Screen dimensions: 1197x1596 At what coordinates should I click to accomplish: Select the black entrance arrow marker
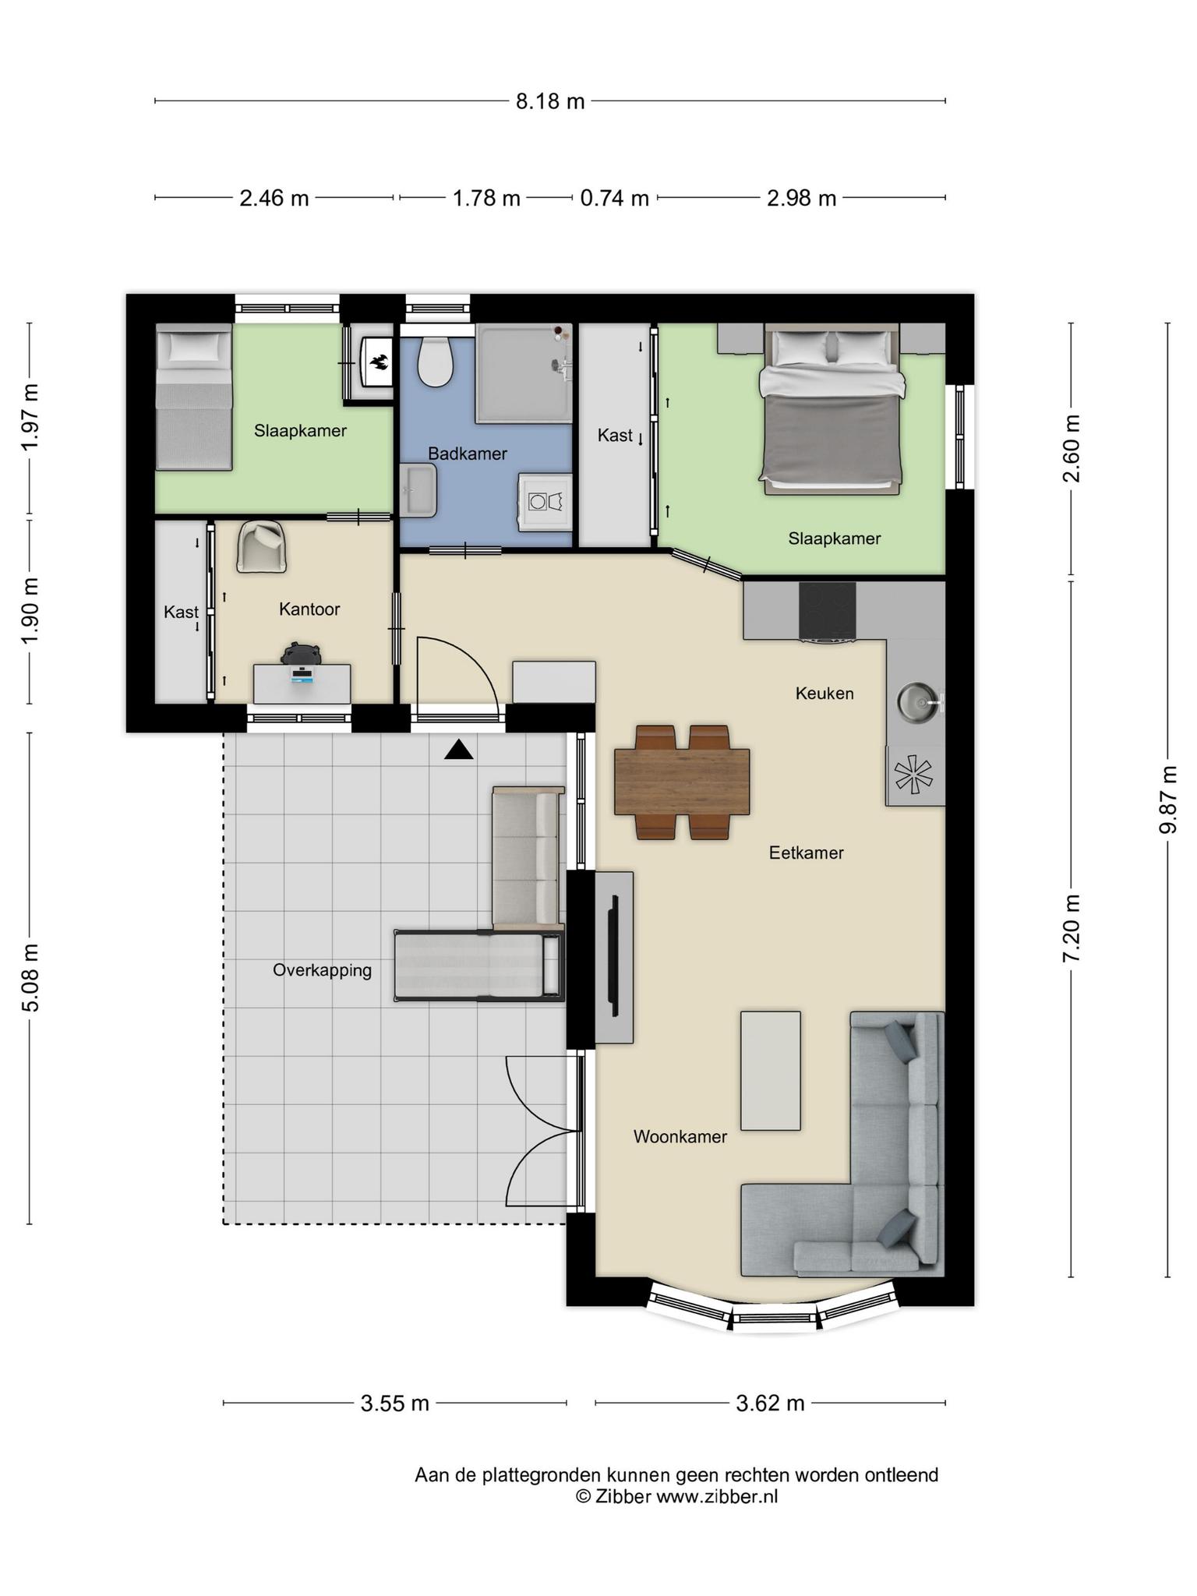(x=459, y=750)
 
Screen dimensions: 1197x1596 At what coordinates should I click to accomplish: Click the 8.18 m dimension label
(x=550, y=101)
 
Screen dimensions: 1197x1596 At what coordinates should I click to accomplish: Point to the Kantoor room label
(x=309, y=609)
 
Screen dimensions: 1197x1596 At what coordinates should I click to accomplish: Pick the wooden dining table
(x=682, y=782)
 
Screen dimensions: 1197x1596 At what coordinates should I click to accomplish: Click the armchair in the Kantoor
(x=263, y=547)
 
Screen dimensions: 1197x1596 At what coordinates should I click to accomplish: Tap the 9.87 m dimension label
(x=1167, y=800)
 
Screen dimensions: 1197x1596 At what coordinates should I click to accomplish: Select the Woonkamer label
(x=680, y=1136)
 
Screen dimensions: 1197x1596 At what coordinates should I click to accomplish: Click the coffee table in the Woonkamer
(x=770, y=1070)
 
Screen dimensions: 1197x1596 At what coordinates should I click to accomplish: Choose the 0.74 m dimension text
(x=615, y=199)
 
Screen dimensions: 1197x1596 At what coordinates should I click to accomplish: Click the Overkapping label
(x=322, y=970)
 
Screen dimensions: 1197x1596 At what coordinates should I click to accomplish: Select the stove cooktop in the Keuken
(x=827, y=612)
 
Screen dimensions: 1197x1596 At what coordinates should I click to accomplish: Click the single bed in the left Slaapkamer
(x=194, y=397)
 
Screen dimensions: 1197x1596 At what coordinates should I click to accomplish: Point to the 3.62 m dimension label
(x=770, y=1403)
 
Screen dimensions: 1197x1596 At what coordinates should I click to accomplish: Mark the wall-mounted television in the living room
(x=615, y=957)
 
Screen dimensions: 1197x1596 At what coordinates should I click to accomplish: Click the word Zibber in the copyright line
(x=623, y=1496)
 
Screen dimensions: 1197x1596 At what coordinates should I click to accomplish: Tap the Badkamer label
(x=468, y=454)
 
